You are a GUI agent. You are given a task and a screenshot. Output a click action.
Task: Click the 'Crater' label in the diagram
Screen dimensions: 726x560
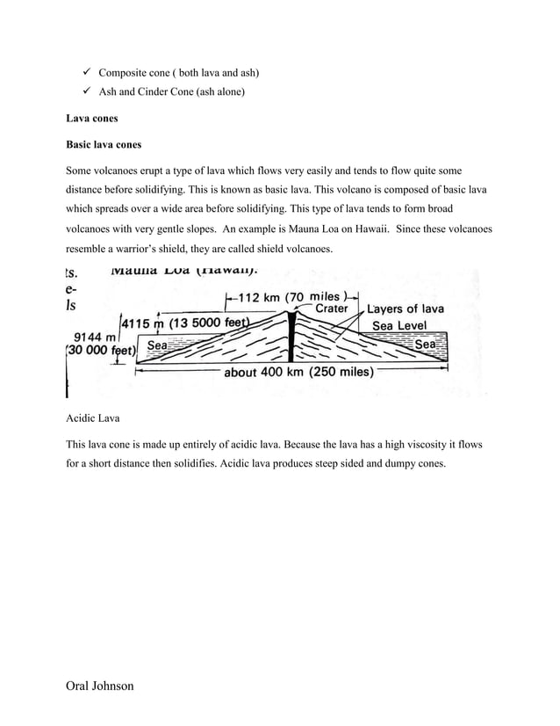point(331,309)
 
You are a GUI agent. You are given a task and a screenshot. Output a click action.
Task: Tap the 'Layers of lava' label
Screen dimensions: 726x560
point(406,309)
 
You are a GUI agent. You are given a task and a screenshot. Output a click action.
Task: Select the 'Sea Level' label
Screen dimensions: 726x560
point(399,325)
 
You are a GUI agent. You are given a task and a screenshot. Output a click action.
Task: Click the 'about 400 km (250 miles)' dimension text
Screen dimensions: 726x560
point(299,372)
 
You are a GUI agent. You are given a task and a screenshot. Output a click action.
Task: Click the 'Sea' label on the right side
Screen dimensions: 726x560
point(425,346)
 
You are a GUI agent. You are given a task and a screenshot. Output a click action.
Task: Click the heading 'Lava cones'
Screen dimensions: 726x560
point(92,117)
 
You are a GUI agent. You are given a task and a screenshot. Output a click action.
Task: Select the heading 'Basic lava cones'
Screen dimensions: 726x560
point(104,144)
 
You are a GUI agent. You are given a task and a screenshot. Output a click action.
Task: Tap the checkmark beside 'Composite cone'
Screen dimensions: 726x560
point(81,71)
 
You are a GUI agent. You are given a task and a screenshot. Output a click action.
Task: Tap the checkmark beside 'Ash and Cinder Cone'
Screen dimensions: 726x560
point(81,91)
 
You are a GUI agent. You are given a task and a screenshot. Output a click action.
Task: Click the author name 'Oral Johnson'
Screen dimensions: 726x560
point(99,685)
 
